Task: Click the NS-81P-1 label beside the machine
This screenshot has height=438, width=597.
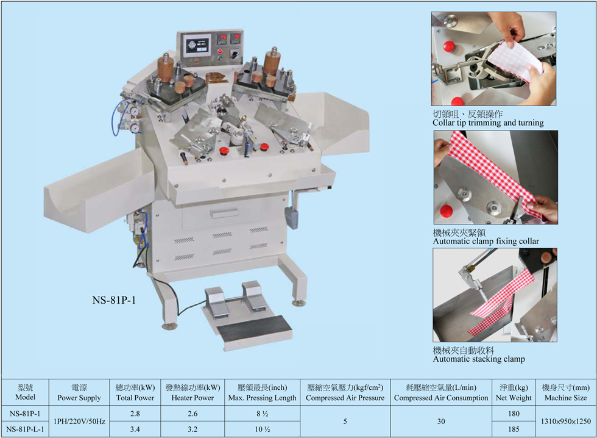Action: pyautogui.click(x=114, y=300)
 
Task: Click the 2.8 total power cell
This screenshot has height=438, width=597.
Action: pyautogui.click(x=135, y=414)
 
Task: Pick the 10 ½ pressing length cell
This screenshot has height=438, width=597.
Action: pyautogui.click(x=263, y=429)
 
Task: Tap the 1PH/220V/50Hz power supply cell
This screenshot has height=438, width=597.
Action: pyautogui.click(x=79, y=422)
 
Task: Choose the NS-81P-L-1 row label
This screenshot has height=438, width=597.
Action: pyautogui.click(x=25, y=429)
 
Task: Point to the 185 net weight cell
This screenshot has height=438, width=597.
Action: pyautogui.click(x=514, y=429)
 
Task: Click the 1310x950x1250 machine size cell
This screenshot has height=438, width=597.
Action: pyautogui.click(x=566, y=422)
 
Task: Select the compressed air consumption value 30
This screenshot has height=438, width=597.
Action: pyautogui.click(x=441, y=422)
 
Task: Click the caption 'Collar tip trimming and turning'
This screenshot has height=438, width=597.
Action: pyautogui.click(x=488, y=123)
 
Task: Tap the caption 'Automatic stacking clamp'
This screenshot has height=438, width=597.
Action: pyautogui.click(x=479, y=359)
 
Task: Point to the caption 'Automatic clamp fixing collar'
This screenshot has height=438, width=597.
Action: pyautogui.click(x=486, y=242)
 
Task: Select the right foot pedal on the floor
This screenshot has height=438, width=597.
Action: pyautogui.click(x=252, y=295)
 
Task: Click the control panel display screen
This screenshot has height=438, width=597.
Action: pyautogui.click(x=197, y=46)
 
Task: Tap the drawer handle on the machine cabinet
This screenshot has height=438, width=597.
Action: pyautogui.click(x=225, y=213)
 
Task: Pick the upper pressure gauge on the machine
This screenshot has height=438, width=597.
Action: pyautogui.click(x=135, y=111)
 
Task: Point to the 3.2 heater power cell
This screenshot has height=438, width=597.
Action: pyautogui.click(x=193, y=429)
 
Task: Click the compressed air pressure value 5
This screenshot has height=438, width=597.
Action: pyautogui.click(x=345, y=422)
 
